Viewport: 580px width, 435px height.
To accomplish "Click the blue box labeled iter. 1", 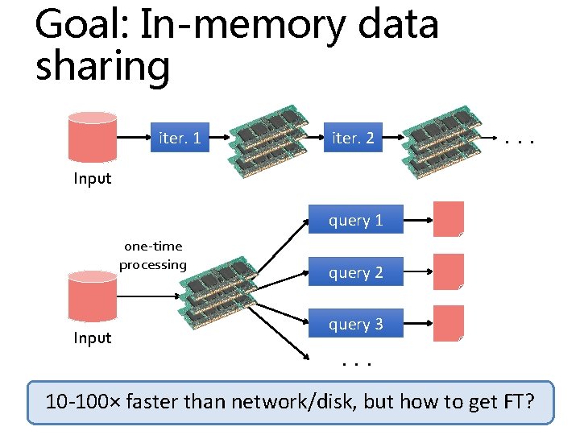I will click(x=180, y=138).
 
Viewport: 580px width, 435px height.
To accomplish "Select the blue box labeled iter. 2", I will click(x=353, y=138).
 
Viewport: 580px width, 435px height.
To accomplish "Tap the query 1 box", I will click(x=355, y=220).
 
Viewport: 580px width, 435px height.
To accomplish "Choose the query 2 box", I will click(x=355, y=272).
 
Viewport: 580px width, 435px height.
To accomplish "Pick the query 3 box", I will click(x=355, y=324).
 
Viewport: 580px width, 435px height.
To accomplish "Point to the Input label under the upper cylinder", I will click(x=93, y=178).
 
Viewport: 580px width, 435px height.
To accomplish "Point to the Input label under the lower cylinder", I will click(x=93, y=338).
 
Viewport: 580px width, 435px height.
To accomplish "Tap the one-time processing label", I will click(x=152, y=255).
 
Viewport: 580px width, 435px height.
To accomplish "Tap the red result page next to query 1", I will click(x=449, y=219).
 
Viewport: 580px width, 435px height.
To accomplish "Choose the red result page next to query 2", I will click(x=449, y=271).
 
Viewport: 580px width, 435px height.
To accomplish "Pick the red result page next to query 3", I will click(x=449, y=323).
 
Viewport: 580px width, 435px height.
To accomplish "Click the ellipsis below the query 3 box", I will click(x=354, y=362).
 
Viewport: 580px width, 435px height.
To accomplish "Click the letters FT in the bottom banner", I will click(x=516, y=402).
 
